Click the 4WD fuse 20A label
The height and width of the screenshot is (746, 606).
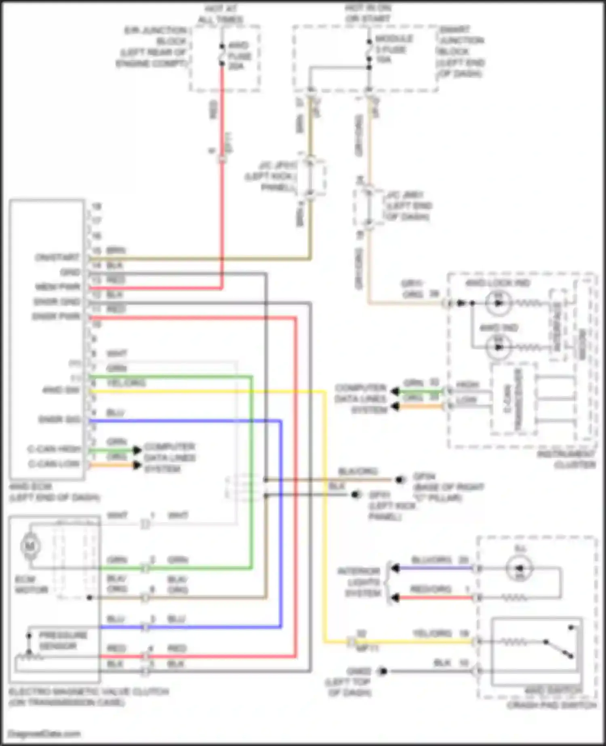coord(239,56)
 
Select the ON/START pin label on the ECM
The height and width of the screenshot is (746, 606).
coord(57,257)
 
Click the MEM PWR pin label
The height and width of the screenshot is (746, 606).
coord(58,287)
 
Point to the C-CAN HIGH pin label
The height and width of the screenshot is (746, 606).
coord(54,449)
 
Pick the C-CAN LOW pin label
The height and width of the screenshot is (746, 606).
coord(54,464)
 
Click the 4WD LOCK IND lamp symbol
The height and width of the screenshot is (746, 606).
coord(499,303)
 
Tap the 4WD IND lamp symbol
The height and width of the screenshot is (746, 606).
coord(499,347)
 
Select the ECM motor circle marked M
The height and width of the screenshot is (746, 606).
coord(30,546)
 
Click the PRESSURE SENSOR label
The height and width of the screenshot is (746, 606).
coord(63,641)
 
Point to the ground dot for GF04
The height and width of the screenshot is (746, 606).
coord(400,480)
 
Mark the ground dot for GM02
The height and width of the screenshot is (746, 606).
coord(383,671)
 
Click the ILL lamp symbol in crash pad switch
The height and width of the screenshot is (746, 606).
coord(520,568)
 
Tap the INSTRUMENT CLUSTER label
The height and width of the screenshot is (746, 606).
coord(566,459)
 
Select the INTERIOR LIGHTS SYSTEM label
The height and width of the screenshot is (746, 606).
coord(359,582)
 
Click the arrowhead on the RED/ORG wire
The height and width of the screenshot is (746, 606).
coord(395,598)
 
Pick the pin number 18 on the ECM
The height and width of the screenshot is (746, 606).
coord(97,206)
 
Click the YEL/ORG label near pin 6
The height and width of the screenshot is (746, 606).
coord(126,383)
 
